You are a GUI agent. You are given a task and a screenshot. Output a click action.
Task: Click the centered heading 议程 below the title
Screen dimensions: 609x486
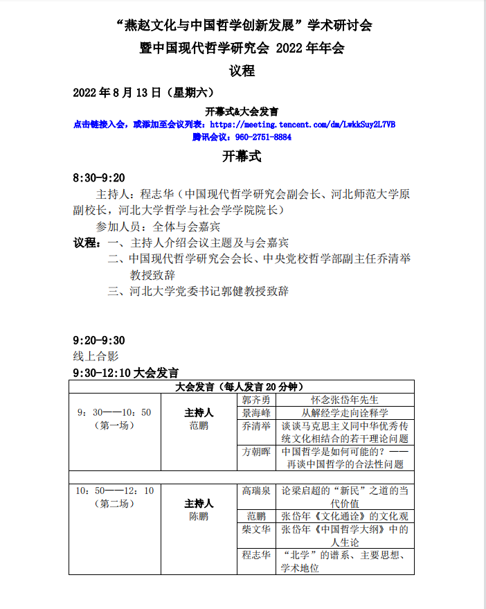pyautogui.click(x=242, y=70)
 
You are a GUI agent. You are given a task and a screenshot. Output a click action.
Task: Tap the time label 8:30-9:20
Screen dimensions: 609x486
pyautogui.click(x=99, y=178)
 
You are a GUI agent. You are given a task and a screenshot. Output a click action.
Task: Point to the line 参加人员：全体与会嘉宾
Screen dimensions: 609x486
pyautogui.click(x=158, y=227)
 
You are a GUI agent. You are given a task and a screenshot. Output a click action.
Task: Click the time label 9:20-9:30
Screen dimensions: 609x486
pyautogui.click(x=99, y=340)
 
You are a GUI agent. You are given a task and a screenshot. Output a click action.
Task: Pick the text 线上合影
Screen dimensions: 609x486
pyautogui.click(x=96, y=356)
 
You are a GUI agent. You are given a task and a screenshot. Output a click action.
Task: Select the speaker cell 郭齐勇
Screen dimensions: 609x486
pyautogui.click(x=256, y=400)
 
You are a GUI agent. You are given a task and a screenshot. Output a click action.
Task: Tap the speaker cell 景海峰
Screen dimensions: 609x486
pyautogui.click(x=256, y=413)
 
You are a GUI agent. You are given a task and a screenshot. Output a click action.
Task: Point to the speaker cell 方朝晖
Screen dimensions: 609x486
pyautogui.click(x=256, y=451)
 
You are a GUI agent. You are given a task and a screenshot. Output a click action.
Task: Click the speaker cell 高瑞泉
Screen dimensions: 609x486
pyautogui.click(x=256, y=491)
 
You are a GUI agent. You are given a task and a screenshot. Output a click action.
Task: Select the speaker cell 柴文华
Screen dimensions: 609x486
pyautogui.click(x=256, y=530)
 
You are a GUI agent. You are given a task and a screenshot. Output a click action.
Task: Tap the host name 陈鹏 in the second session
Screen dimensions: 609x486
pyautogui.click(x=199, y=517)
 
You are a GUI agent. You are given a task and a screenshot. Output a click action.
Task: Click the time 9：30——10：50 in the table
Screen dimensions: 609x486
pyautogui.click(x=114, y=413)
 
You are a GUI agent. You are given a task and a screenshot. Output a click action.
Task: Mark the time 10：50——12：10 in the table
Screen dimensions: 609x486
pyautogui.click(x=114, y=491)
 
